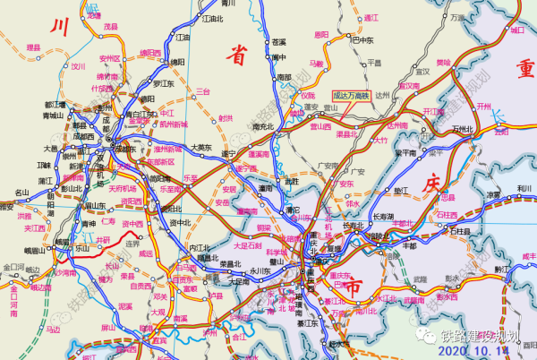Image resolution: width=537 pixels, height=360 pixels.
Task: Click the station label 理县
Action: pos(34,47)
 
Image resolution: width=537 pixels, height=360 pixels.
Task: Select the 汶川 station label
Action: pos(79,65)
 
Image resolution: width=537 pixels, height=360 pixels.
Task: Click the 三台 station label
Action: pos(203,91)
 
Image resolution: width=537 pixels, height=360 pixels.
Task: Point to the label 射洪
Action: pos(226,117)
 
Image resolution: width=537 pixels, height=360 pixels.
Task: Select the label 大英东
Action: pos(202,147)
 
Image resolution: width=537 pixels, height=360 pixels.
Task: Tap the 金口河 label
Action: pos(13,268)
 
